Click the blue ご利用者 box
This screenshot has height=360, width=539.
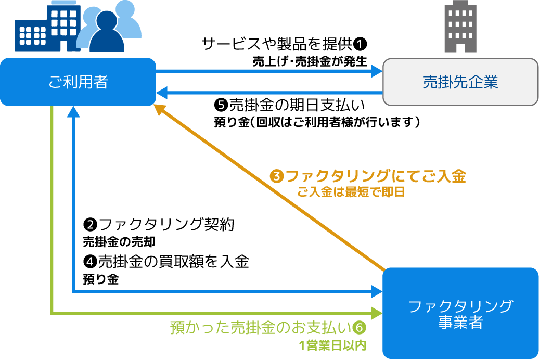click(78, 82)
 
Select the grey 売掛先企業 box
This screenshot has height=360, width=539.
click(460, 82)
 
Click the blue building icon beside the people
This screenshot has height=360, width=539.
click(47, 29)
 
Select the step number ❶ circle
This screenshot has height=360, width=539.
click(361, 43)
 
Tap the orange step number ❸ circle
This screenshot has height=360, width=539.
click(277, 176)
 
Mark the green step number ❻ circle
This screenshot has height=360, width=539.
click(360, 328)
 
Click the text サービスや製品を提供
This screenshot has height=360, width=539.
click(277, 44)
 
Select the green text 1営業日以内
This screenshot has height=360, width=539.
click(333, 345)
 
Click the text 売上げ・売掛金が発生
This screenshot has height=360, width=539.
click(310, 61)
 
